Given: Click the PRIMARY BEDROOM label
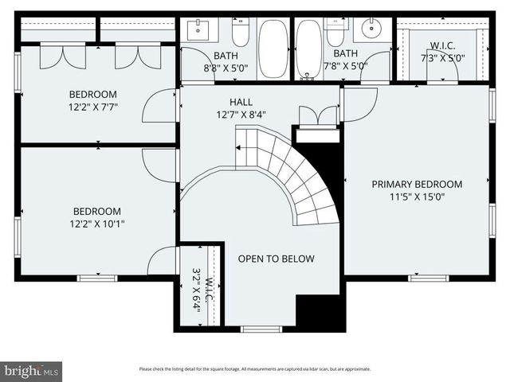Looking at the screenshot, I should [417, 185].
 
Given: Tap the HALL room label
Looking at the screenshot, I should [241, 102].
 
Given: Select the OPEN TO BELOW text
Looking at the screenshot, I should [276, 259].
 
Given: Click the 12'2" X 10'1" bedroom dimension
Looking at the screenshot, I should [98, 224].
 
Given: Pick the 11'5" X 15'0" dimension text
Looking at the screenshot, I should [417, 197].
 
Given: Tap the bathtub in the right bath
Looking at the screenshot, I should [308, 49].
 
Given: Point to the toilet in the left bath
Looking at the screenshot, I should [240, 33].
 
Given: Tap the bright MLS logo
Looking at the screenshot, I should [31, 370].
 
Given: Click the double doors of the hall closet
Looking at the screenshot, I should [317, 116].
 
